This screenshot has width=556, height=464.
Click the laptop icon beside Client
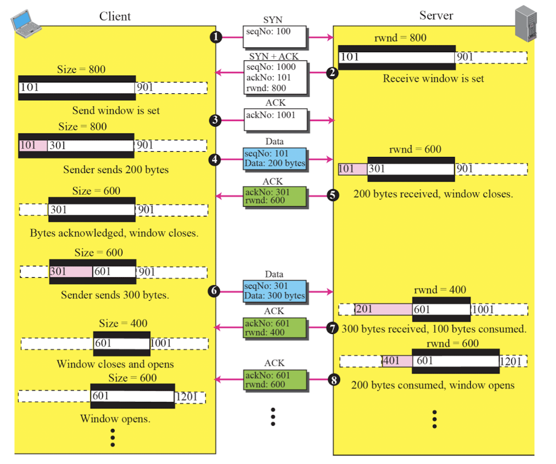pyautogui.click(x=26, y=24)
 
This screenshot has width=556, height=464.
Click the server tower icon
pyautogui.click(x=526, y=24)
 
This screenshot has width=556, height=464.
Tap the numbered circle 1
pyautogui.click(x=216, y=37)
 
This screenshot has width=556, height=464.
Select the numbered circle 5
pyautogui.click(x=332, y=195)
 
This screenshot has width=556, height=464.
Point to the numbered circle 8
pyautogui.click(x=333, y=380)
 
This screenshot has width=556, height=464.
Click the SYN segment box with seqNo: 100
pyautogui.click(x=275, y=37)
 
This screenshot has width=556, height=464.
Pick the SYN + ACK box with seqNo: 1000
pyautogui.click(x=276, y=78)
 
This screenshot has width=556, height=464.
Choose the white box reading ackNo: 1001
pyautogui.click(x=276, y=120)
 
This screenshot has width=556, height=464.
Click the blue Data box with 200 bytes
pyautogui.click(x=275, y=159)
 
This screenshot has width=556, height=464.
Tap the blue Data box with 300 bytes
pyautogui.click(x=275, y=292)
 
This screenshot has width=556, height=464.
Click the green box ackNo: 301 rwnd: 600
pyautogui.click(x=275, y=196)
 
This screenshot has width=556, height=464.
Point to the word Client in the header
pyautogui.click(x=115, y=17)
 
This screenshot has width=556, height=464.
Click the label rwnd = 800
pyautogui.click(x=400, y=38)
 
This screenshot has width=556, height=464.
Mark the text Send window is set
pyautogui.click(x=116, y=111)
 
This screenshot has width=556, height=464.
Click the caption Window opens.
pyautogui.click(x=115, y=419)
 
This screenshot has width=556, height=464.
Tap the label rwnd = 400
pyautogui.click(x=440, y=290)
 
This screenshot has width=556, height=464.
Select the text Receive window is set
pyautogui.click(x=434, y=78)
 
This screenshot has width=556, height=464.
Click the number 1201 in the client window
pyautogui.click(x=186, y=396)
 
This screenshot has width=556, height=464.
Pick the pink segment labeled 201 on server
pyautogui.click(x=384, y=309)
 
